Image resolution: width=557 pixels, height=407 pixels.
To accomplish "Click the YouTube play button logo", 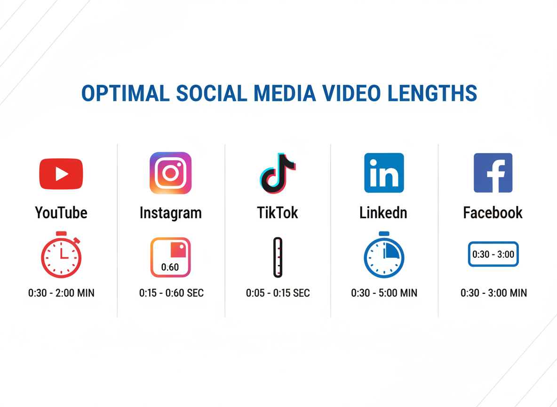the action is click(x=61, y=174).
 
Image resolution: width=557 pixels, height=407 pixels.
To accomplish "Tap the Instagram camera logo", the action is click(x=170, y=173).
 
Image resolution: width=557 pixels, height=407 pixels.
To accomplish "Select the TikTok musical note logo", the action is click(x=278, y=173).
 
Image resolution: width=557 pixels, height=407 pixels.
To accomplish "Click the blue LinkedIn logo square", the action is click(x=384, y=173).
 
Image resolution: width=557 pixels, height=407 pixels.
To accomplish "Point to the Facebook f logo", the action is click(x=493, y=173).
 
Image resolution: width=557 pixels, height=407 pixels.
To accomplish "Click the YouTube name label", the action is click(x=61, y=213).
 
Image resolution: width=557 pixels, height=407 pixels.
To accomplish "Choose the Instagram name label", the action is click(x=170, y=213).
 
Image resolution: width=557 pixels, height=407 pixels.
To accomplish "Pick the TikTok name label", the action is click(x=278, y=213).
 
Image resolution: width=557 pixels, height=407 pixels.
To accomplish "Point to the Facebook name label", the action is click(x=493, y=213).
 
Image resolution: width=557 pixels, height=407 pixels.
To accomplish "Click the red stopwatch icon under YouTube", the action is click(x=61, y=255).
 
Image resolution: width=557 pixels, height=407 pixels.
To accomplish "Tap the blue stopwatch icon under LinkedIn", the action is click(x=384, y=255).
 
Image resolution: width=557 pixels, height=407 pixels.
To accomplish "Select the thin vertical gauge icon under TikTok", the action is click(x=278, y=257).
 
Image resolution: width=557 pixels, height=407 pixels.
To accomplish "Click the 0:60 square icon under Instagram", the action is click(x=170, y=257).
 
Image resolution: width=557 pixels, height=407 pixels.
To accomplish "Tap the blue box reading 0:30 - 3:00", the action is click(x=493, y=254).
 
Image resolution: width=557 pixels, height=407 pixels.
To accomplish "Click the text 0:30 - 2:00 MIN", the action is click(x=61, y=293).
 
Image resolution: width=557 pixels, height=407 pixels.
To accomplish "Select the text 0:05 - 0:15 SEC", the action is click(x=278, y=293).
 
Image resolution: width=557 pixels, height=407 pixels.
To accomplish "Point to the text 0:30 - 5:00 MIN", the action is click(x=384, y=293).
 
